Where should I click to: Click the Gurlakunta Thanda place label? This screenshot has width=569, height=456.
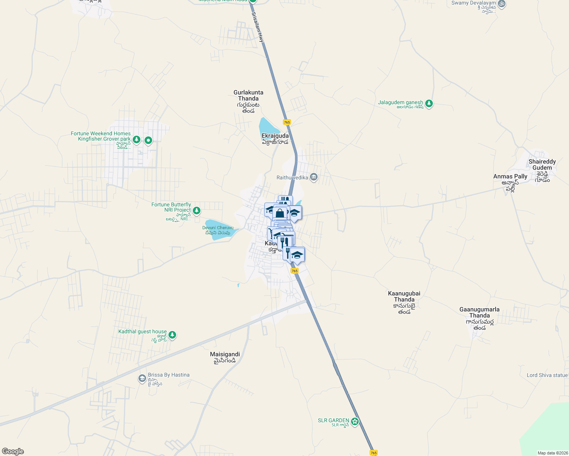point(248,96)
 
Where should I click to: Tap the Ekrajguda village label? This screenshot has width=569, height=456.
point(275,136)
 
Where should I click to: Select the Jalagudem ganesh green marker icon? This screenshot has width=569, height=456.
point(429,103)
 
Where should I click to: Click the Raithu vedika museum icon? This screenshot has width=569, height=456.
point(314,177)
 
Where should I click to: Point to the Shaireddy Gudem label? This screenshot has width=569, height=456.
point(542,165)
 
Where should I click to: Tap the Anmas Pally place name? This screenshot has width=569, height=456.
point(510,177)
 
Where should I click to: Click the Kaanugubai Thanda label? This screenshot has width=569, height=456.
point(404,296)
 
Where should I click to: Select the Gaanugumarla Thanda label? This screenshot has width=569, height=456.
point(479,312)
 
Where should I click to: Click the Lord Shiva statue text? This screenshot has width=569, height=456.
point(547,375)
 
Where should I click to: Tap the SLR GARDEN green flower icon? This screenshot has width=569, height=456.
point(355,421)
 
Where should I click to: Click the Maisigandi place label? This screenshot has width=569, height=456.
point(225,355)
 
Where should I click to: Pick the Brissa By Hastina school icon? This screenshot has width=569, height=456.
point(142,378)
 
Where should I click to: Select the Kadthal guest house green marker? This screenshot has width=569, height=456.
point(172,335)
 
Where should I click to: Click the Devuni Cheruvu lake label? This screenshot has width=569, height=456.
point(218,228)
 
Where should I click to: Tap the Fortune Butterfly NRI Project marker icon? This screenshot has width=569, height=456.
point(196,211)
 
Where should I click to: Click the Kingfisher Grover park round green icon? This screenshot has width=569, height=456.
point(148,141)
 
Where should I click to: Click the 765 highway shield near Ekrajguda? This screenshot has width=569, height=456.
point(287,122)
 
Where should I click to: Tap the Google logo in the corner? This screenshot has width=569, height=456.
point(13,451)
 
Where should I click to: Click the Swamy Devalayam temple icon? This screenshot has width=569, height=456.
point(502,4)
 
